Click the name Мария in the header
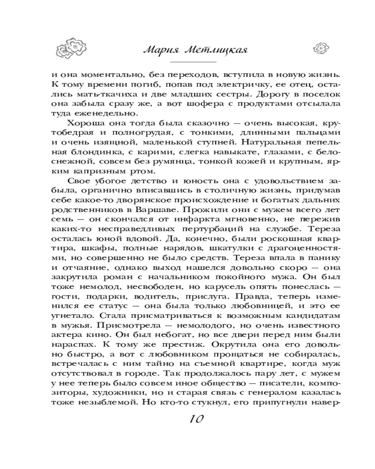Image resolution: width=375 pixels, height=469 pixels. pyautogui.click(x=160, y=50)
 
